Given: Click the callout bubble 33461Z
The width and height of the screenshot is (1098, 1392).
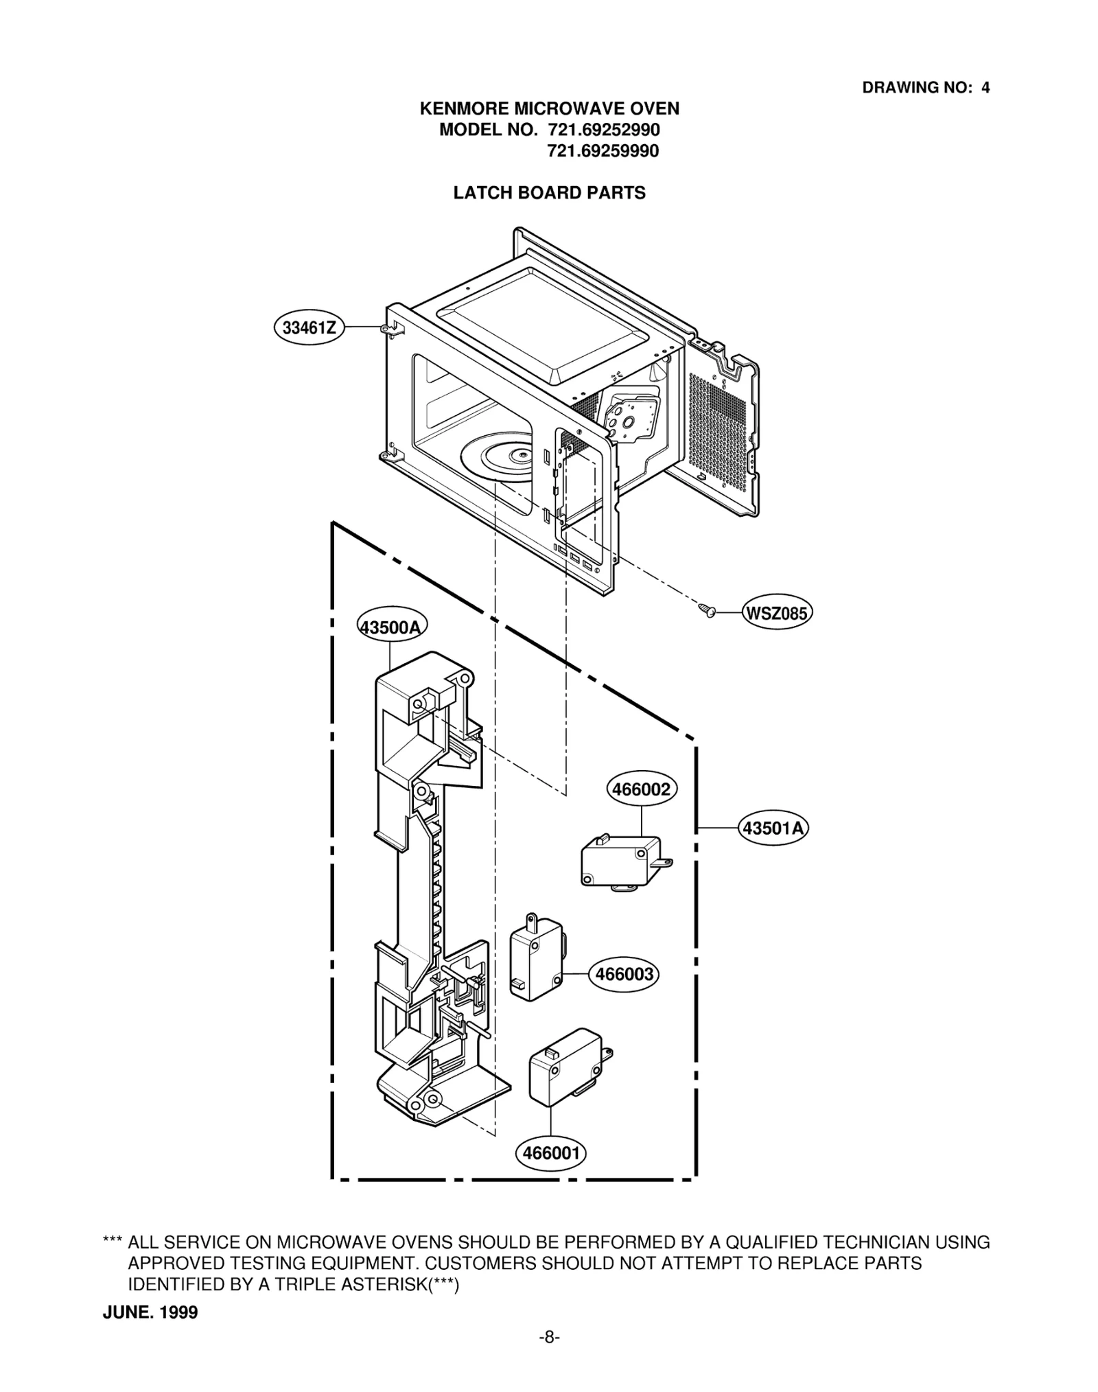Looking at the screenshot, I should (309, 327).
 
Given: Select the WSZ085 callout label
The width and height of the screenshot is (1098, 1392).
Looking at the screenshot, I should (776, 612).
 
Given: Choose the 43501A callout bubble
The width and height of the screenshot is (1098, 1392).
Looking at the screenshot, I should (773, 828).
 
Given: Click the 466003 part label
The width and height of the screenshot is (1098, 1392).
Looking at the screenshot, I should (624, 974).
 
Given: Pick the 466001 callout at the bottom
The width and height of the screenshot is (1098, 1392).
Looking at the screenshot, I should (551, 1152).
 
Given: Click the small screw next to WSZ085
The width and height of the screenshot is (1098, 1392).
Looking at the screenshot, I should (707, 609).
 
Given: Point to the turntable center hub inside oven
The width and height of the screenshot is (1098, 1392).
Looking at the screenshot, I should (523, 454).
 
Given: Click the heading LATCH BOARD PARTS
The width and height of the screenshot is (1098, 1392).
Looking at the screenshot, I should (549, 193).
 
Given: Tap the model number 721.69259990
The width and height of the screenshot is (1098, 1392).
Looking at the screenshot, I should (603, 151).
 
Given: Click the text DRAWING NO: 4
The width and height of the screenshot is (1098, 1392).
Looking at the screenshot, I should (925, 88).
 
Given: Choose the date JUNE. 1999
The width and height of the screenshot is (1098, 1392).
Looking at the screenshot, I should (150, 1312).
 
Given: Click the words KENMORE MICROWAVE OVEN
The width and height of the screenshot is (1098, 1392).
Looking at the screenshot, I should (549, 108).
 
